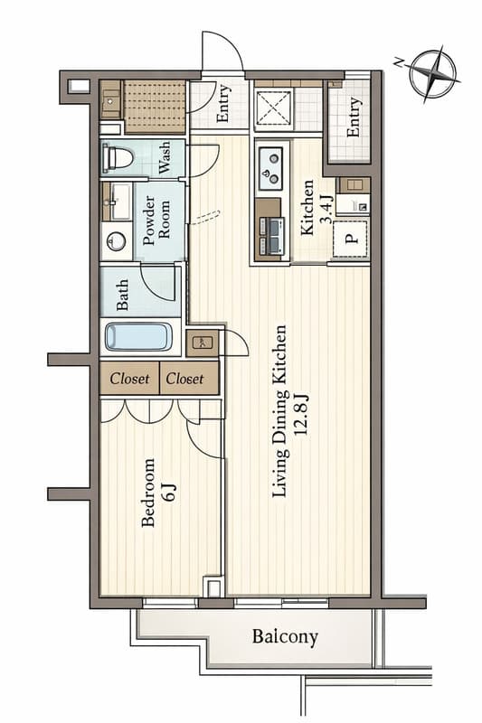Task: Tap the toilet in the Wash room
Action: [118, 159]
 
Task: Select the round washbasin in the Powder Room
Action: [115, 242]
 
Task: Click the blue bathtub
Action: [138, 337]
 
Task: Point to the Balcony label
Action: [285, 637]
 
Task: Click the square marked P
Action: [352, 240]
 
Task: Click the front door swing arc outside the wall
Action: [222, 52]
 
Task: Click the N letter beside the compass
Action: [398, 61]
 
